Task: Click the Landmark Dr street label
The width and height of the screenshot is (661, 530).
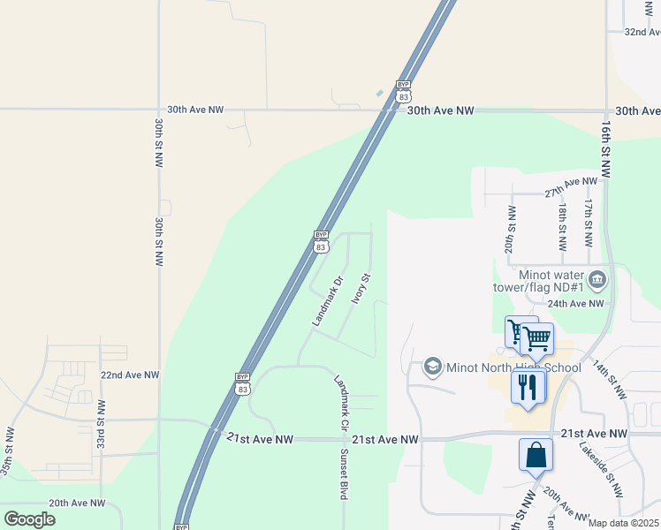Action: click(327, 303)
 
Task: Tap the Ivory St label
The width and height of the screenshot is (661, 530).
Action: click(359, 288)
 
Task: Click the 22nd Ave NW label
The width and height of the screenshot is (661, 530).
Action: click(129, 375)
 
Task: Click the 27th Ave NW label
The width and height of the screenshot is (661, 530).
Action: click(571, 187)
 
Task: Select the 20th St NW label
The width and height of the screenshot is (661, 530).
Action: click(510, 230)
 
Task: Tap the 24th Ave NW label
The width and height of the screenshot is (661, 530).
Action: click(574, 303)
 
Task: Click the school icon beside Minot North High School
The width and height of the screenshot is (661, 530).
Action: click(433, 366)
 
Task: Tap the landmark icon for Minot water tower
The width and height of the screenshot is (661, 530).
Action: click(597, 280)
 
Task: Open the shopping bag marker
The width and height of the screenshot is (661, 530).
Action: click(536, 456)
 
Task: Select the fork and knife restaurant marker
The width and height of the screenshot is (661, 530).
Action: click(528, 386)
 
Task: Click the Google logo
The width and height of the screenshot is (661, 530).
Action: click(29, 519)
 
